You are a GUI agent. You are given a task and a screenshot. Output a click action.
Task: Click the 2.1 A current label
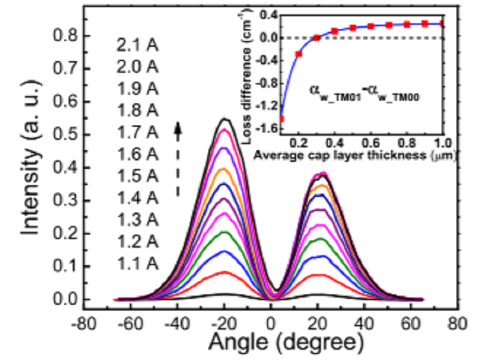pyautogui.click(x=138, y=46)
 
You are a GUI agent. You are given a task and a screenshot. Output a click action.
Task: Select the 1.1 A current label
pyautogui.click(x=138, y=263)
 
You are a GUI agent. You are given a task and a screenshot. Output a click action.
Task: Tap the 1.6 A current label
pyautogui.click(x=138, y=155)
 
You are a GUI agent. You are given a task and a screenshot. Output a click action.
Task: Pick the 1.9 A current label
pyautogui.click(x=138, y=90)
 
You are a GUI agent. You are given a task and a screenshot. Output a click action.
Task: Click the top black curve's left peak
pyautogui.click(x=225, y=118)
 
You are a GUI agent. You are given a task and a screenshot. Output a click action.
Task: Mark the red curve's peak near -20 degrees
pyautogui.click(x=225, y=272)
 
